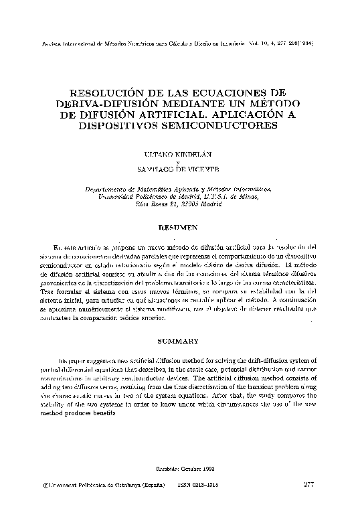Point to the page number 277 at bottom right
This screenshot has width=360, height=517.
309,484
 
